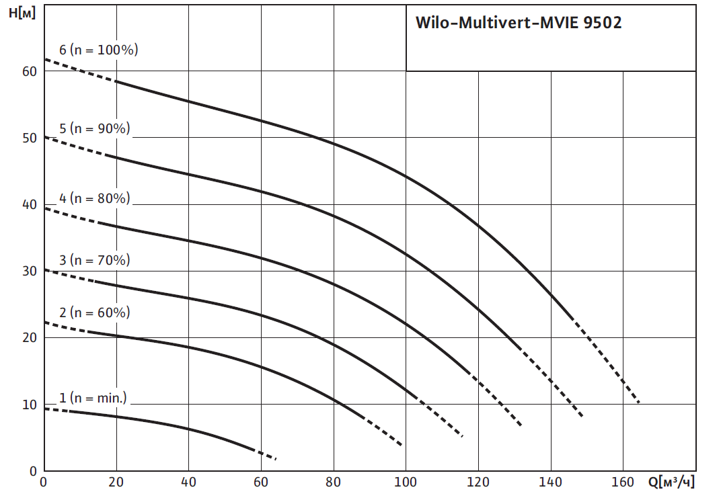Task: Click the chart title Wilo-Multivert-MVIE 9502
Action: point(518,23)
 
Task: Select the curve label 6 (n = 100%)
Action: point(98,50)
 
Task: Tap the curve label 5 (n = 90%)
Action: point(94,128)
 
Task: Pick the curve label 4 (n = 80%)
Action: point(94,198)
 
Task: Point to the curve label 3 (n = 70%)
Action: point(94,260)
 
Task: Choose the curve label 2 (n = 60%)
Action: point(94,312)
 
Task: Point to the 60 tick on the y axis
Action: point(28,71)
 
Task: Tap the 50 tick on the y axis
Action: point(28,138)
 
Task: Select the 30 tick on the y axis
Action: point(28,271)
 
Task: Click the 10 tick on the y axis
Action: point(28,405)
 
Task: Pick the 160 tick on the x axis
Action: point(623,482)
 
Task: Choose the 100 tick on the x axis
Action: point(406,482)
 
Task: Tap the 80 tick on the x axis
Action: point(334,482)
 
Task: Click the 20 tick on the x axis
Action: point(116,482)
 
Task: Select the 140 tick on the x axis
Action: point(551,482)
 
